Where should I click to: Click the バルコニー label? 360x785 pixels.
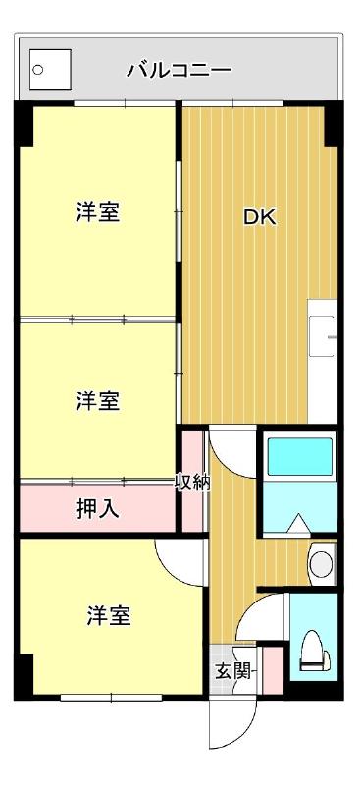179,71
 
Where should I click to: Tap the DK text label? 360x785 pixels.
259,218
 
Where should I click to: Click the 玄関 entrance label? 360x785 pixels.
232,672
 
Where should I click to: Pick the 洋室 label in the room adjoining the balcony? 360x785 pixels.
97,212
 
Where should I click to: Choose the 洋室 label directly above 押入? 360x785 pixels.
97,400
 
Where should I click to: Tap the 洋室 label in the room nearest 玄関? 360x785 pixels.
108,616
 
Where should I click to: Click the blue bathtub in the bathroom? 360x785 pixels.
300,457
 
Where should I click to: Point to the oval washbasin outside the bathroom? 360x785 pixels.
321,563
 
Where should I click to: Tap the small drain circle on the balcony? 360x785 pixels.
39,70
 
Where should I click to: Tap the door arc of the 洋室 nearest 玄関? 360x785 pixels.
180,563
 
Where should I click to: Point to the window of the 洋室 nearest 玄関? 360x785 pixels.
97,698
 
